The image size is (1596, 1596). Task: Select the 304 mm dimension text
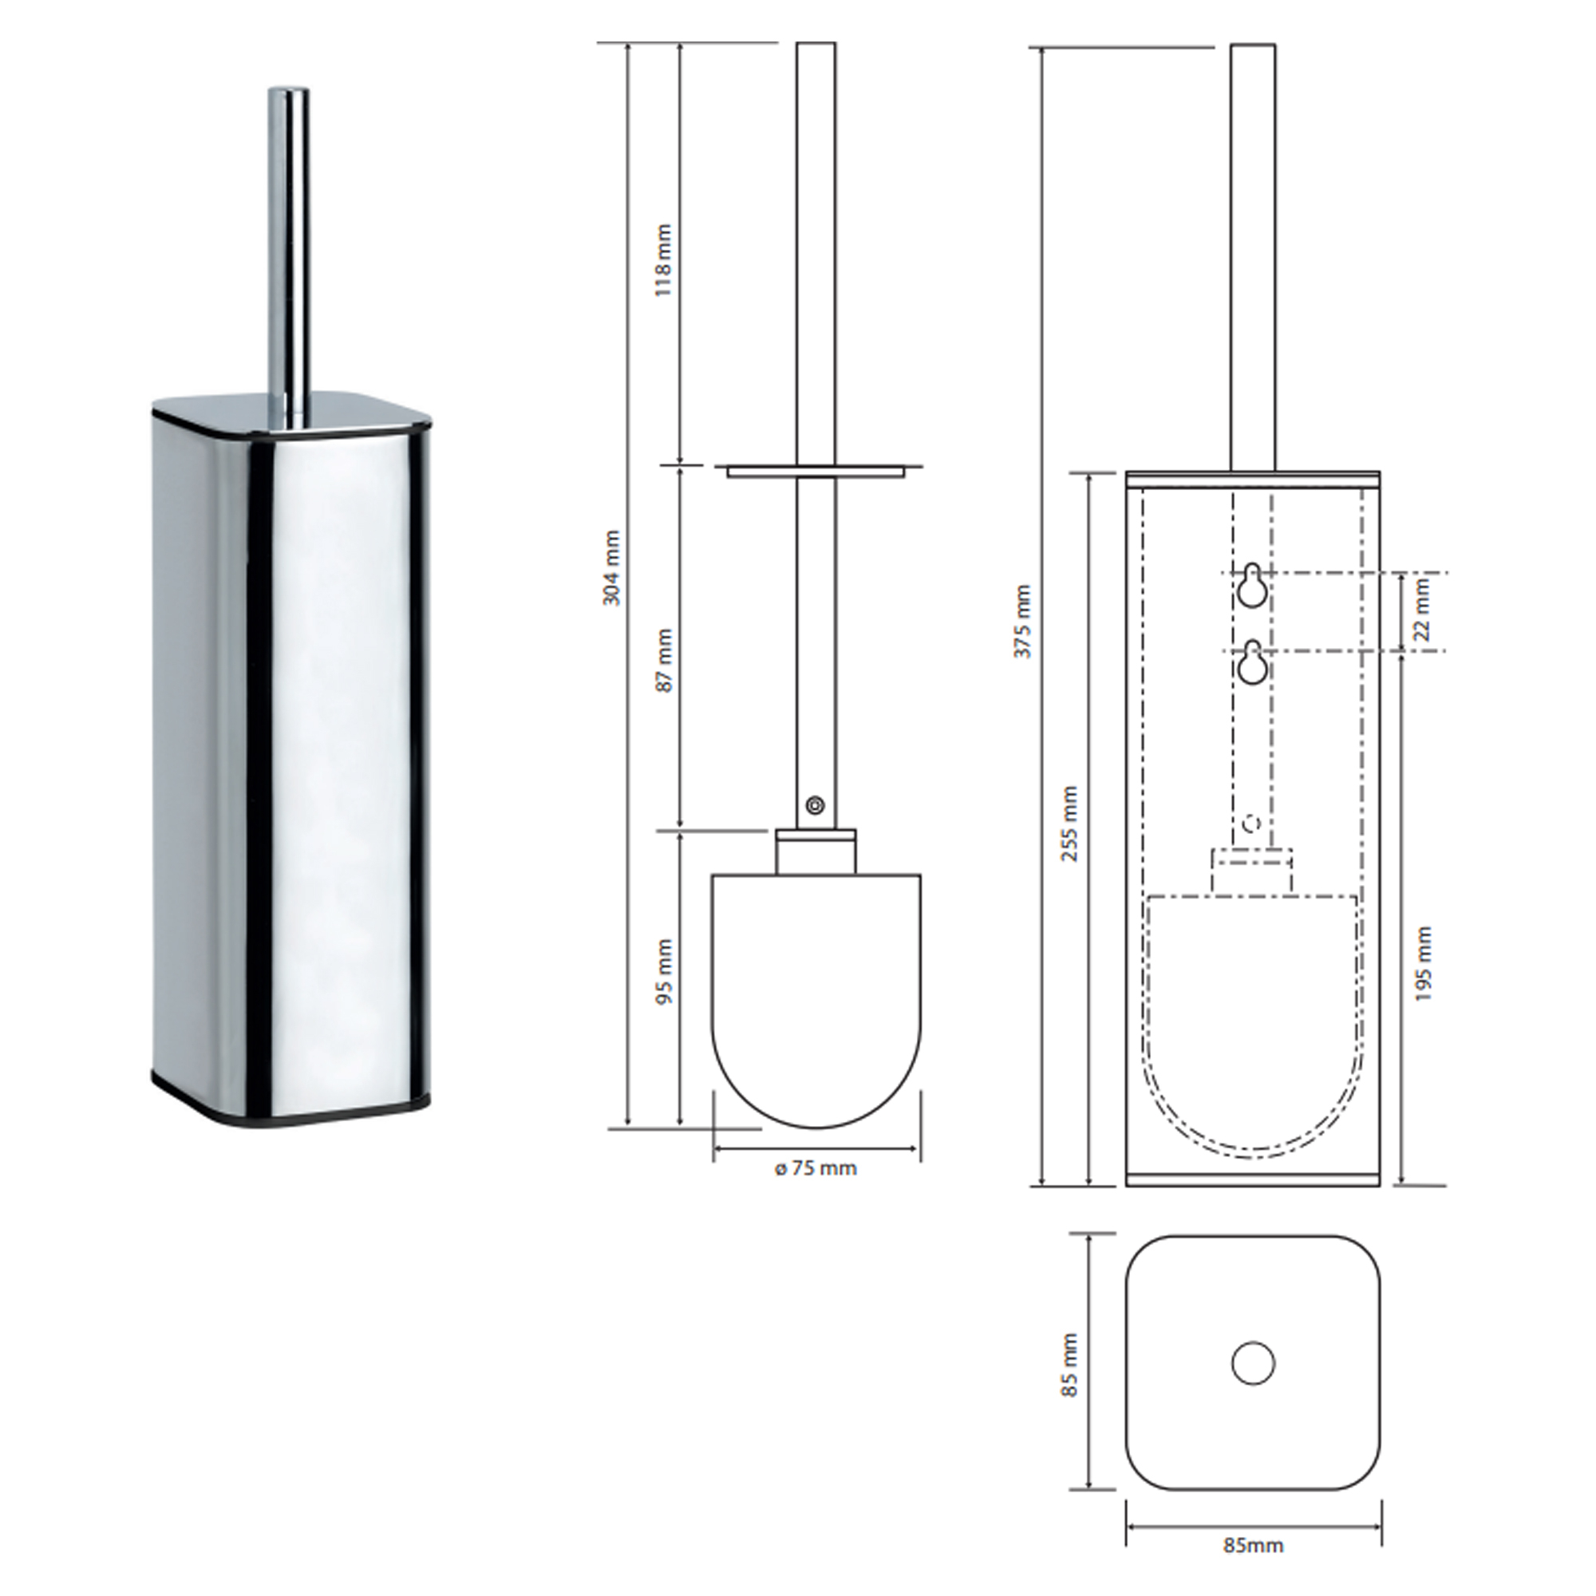point(612,568)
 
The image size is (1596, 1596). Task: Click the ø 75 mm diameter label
point(816,1168)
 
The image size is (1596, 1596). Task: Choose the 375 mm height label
point(1025,620)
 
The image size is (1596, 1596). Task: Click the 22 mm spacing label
point(1422,610)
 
